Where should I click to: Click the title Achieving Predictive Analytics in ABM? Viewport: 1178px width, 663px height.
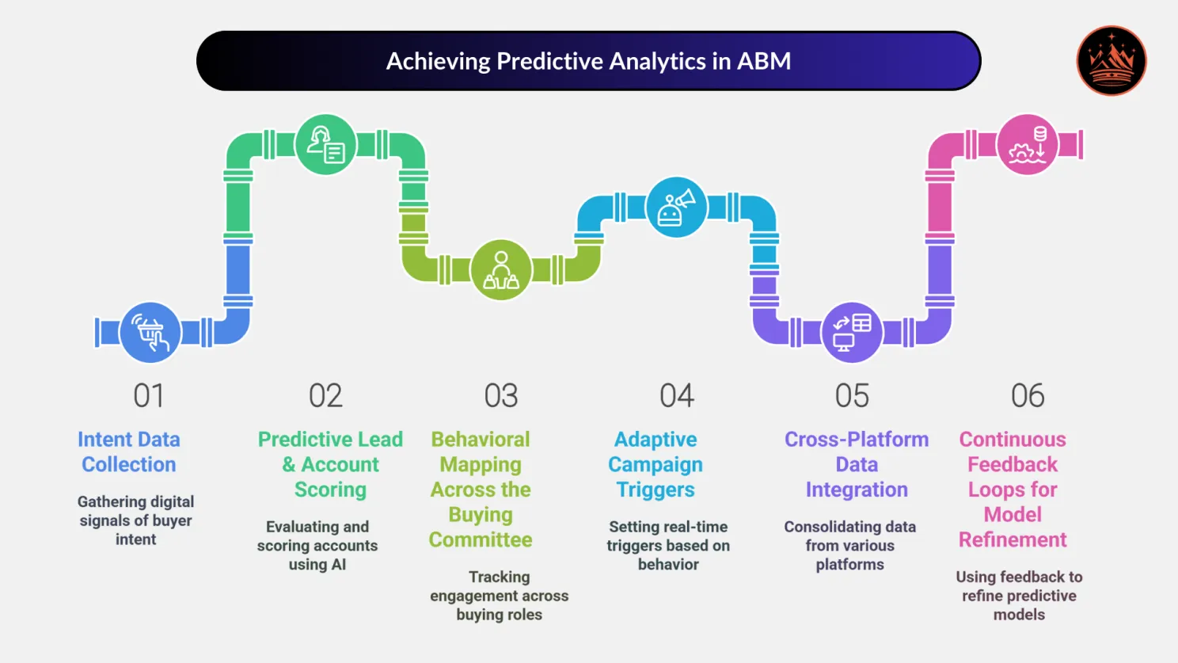pos(588,62)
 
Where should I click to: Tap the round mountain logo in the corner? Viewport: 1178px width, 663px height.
pos(1111,61)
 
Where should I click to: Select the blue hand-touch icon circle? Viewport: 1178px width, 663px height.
pos(150,333)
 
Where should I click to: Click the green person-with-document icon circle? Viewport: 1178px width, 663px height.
pos(325,145)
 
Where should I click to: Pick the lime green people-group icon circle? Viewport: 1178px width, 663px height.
pos(500,270)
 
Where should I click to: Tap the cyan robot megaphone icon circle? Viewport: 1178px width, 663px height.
pos(676,208)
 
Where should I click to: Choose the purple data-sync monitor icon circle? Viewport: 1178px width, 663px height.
pos(852,333)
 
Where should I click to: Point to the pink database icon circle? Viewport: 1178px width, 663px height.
pos(1028,145)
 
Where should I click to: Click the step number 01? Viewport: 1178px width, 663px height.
pos(149,396)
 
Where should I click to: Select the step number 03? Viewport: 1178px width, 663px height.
pos(500,396)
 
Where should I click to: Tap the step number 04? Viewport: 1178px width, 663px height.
pos(677,396)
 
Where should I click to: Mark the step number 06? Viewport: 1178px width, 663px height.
pos(1028,396)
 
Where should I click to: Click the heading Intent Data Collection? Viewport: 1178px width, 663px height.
pos(129,452)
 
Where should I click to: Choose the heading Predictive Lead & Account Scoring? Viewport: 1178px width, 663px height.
pos(330,464)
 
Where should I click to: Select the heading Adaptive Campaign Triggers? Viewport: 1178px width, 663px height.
pos(655,464)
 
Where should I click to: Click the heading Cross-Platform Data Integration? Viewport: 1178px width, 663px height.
pos(857,464)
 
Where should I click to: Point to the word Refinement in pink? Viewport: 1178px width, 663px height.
pos(1013,540)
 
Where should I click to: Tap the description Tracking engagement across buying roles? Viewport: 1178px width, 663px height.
pos(499,596)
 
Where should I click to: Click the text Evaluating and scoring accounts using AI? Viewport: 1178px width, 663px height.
pos(317,546)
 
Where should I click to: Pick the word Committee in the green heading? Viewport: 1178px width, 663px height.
pos(481,540)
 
